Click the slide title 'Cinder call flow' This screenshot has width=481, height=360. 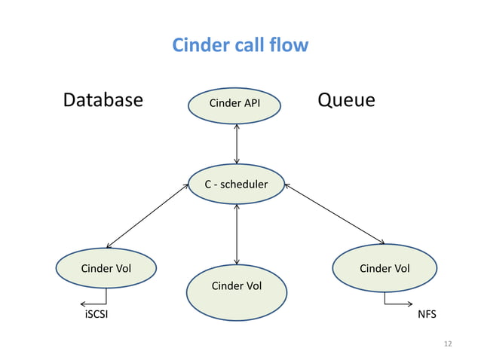pos(240,45)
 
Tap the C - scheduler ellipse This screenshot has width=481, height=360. pos(237,184)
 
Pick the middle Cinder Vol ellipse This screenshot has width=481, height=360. pos(237,293)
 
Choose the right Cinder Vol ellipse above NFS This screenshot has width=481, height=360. pos(384,268)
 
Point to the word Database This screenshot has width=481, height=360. pos(103,100)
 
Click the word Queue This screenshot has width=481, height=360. pos(346,100)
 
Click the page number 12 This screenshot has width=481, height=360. pos(448,344)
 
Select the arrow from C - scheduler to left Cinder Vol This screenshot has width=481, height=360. pos(147,216)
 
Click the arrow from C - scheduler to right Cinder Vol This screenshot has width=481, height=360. pos(335,215)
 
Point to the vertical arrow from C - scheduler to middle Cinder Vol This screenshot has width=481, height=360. pos(237,233)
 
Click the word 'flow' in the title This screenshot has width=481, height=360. pos(290,45)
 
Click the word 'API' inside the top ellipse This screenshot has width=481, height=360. pos(252,103)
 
